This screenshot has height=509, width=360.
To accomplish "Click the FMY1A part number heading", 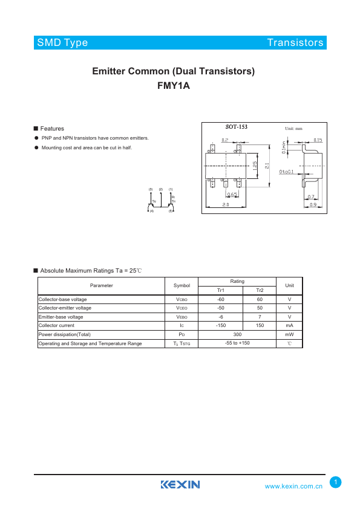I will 173,86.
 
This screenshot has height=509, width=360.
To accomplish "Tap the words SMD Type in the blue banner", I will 62,43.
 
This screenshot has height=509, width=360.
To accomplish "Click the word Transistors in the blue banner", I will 295,43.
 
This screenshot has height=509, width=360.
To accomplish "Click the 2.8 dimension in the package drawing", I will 225,205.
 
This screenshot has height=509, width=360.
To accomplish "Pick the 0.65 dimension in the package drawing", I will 232,195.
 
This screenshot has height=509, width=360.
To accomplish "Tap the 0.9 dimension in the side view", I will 312,205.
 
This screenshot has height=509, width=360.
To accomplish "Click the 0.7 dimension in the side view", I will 311,197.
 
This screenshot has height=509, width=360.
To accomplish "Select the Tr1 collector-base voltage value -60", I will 221,299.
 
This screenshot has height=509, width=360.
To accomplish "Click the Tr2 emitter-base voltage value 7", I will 260,317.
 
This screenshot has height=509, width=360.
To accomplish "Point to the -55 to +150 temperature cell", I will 237,343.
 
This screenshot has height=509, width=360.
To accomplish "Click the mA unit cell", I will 289,326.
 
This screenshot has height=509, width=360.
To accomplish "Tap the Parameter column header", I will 102,285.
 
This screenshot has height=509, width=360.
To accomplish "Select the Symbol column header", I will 182,285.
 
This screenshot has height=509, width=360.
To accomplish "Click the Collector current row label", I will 56,326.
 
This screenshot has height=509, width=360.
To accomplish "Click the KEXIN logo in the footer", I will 180,485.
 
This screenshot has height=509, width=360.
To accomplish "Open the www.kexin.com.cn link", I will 293,486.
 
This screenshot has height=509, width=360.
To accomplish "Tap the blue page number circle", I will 336,482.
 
